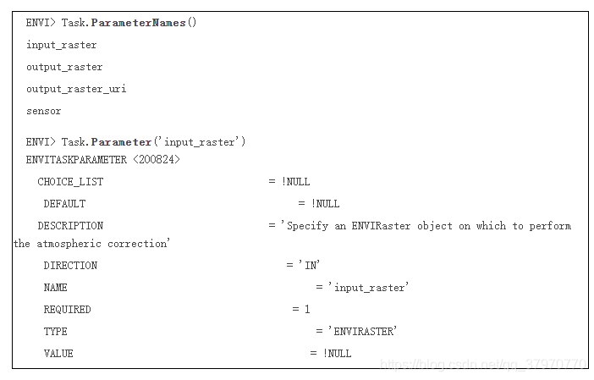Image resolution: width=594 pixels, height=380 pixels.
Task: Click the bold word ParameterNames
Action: pyautogui.click(x=139, y=23)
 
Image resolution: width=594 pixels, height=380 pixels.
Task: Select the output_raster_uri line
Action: pyautogui.click(x=76, y=89)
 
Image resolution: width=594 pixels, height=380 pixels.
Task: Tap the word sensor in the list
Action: pyautogui.click(x=44, y=111)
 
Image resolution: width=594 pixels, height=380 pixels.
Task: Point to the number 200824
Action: pyautogui.click(x=157, y=159)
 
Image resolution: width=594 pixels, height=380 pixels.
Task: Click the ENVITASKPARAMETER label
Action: pyautogui.click(x=76, y=159)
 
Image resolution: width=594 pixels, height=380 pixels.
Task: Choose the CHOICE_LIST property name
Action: pyautogui.click(x=70, y=181)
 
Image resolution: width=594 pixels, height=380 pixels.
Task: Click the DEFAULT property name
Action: pyautogui.click(x=64, y=203)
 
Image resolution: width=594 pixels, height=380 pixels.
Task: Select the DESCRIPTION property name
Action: pyautogui.click(x=70, y=226)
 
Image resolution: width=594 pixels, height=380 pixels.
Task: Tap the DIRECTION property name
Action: pyautogui.click(x=70, y=265)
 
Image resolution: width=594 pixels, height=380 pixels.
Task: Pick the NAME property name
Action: pyautogui.click(x=55, y=287)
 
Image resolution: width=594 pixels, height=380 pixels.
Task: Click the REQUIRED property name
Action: pyautogui.click(x=67, y=309)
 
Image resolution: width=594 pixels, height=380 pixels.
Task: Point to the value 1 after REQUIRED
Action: pyautogui.click(x=307, y=309)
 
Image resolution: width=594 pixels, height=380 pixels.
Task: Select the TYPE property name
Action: pyautogui.click(x=55, y=331)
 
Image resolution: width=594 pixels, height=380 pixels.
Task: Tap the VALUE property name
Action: pyautogui.click(x=58, y=353)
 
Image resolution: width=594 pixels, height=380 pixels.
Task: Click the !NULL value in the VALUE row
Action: pyautogui.click(x=337, y=353)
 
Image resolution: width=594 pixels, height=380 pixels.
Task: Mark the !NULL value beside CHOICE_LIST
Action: pyautogui.click(x=296, y=181)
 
